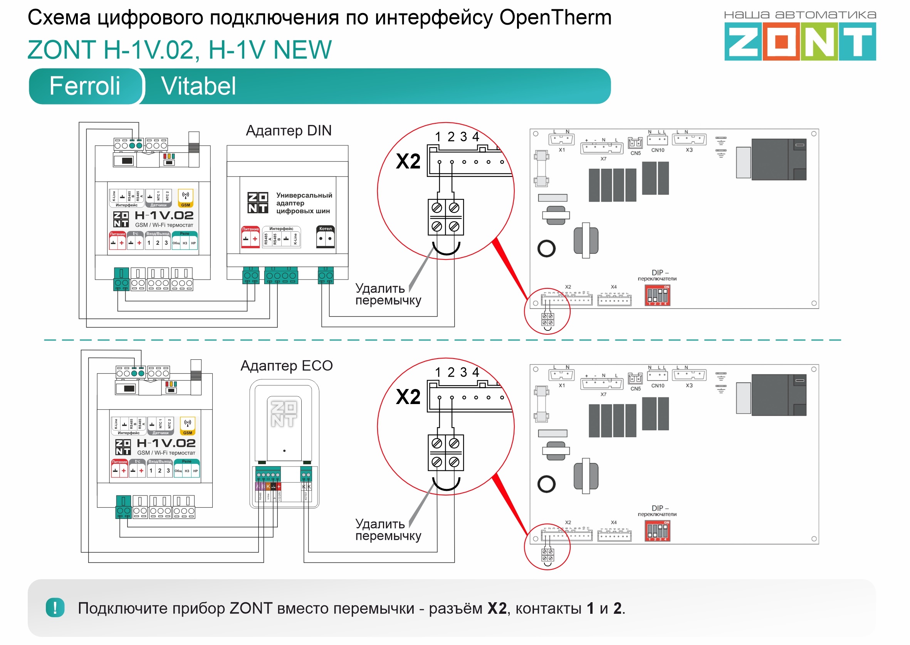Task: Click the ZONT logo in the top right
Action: click(800, 41)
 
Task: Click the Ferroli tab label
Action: click(84, 86)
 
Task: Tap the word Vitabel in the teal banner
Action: click(198, 86)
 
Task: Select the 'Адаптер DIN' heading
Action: click(289, 131)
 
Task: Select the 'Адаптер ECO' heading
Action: click(287, 365)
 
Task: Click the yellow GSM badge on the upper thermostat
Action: click(185, 198)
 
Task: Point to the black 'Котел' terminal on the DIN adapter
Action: click(326, 237)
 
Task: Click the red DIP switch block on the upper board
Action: click(658, 295)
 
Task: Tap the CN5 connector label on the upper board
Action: click(635, 153)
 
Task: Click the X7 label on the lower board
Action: click(603, 394)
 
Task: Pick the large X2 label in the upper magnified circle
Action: click(408, 162)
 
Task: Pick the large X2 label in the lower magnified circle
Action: click(408, 397)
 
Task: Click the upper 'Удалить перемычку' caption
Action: click(388, 294)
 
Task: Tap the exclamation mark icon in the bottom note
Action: click(55, 608)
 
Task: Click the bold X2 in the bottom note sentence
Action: click(497, 608)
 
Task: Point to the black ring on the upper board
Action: click(546, 249)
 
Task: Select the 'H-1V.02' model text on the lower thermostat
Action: click(166, 443)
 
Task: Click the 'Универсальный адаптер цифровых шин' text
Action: click(304, 203)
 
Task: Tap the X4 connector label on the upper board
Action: click(614, 287)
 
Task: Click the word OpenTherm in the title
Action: click(555, 18)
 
